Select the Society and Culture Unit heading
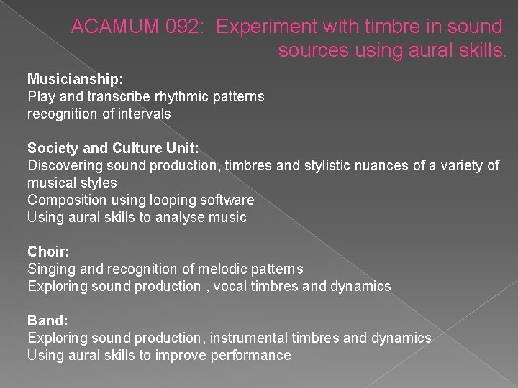point(113,148)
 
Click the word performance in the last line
point(251,355)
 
